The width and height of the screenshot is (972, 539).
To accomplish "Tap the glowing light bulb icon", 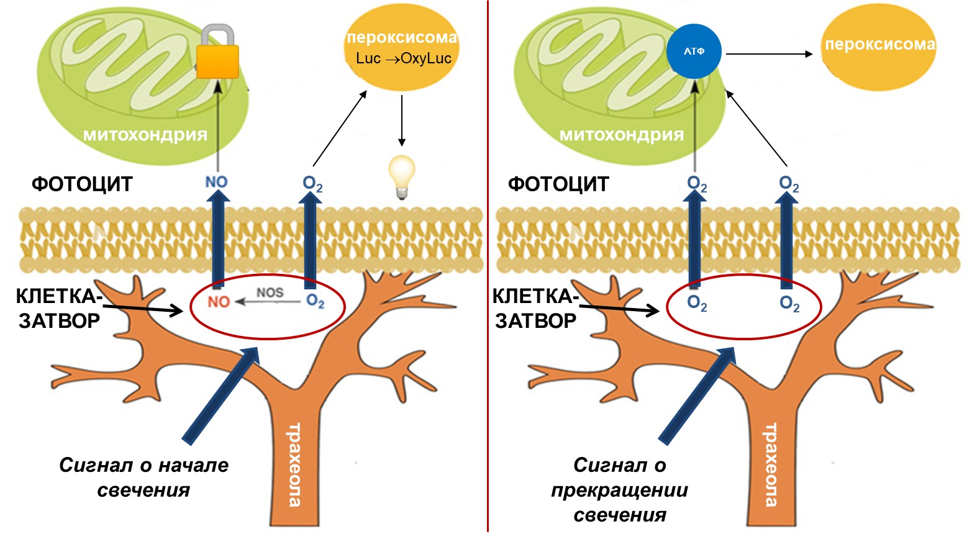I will tap(401, 176).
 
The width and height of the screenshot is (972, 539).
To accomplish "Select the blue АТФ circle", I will tap(694, 52).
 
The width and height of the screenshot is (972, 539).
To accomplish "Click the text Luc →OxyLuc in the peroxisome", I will tap(403, 58).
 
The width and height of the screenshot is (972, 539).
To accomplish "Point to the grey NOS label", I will tap(270, 292).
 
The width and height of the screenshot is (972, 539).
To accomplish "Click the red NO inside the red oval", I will tap(219, 302).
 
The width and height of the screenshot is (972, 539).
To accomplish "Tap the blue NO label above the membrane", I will tap(216, 183).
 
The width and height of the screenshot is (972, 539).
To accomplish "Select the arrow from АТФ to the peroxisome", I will tap(769, 54).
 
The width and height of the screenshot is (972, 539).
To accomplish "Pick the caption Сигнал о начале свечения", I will tap(143, 478).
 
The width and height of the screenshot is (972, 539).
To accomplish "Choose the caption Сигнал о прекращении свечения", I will tap(619, 490).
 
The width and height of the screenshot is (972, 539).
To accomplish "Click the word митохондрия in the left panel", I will tap(145, 135).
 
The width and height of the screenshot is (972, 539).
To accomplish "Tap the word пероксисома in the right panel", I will tap(879, 45).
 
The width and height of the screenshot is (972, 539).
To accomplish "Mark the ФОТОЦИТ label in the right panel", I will tap(558, 184).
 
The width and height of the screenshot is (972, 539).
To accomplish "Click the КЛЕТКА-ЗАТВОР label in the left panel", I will tap(59, 309).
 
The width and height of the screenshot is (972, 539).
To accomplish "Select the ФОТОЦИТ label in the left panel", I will tap(82, 184).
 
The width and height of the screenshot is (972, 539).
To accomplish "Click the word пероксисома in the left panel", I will tap(402, 37).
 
